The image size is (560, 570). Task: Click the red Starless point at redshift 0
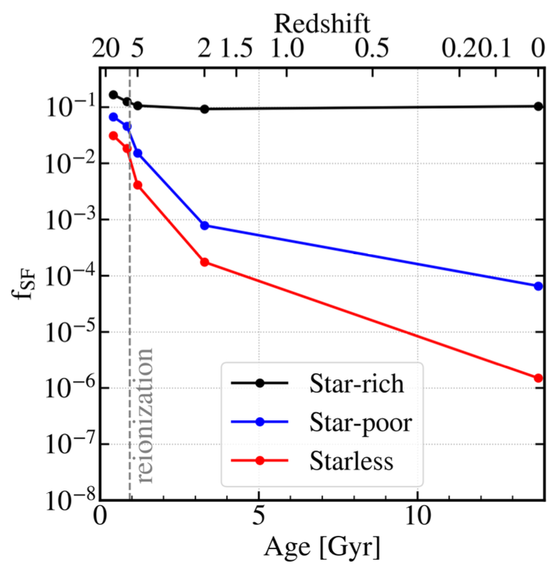coord(538,378)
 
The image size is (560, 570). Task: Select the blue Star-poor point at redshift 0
coord(538,286)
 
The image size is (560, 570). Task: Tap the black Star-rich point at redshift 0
coord(538,106)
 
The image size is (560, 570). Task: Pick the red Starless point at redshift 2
coord(204,262)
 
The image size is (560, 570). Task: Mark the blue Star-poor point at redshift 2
coord(204,225)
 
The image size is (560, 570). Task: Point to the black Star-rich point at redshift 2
coord(204,109)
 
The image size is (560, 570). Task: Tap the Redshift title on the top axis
coord(322,23)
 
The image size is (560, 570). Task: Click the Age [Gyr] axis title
coord(322,546)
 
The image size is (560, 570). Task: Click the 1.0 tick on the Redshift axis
coord(288,50)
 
